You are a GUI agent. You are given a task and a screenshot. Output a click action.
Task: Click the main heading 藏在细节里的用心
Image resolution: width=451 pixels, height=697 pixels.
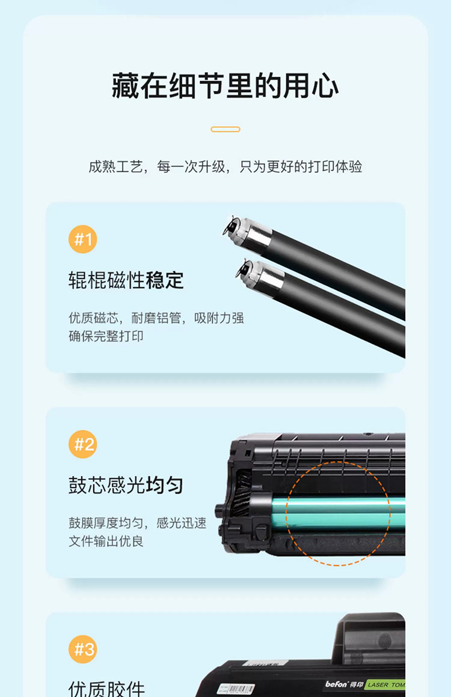point(226,86)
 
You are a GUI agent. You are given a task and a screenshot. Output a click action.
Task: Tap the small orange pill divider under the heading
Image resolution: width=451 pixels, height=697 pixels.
point(226,129)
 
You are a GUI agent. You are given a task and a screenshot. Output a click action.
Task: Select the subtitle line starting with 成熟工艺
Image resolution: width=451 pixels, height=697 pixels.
point(226,167)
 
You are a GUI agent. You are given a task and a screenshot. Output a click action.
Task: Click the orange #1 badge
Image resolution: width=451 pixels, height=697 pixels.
point(83,239)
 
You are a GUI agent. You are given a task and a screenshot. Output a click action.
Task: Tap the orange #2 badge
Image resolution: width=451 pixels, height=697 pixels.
point(83,444)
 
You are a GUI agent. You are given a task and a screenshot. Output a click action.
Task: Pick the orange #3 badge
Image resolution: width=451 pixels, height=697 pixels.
point(83,649)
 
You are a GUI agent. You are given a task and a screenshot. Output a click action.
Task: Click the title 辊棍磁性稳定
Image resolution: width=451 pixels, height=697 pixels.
point(126,280)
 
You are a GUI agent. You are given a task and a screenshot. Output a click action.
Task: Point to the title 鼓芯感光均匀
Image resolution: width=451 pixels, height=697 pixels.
point(126,486)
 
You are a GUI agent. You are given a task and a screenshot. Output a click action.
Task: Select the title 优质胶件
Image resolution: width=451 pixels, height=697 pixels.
point(107,689)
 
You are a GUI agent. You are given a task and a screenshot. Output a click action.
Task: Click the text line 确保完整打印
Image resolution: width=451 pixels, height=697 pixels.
point(106,336)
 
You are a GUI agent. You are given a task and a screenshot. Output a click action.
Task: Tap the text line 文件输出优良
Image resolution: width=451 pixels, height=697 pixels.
point(106,541)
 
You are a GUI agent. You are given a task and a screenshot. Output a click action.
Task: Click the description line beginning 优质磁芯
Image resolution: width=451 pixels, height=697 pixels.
point(156,318)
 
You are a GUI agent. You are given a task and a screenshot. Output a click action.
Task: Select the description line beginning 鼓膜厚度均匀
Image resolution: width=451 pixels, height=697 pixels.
point(137,523)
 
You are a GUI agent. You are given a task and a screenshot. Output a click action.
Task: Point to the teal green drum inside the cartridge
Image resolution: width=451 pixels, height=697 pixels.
point(339,513)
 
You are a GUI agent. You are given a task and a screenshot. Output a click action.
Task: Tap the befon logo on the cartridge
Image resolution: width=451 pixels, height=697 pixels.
point(337,684)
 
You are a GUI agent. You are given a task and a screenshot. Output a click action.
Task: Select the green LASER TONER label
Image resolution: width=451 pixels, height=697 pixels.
point(385,685)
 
